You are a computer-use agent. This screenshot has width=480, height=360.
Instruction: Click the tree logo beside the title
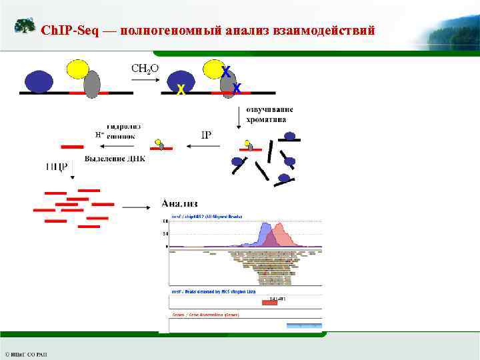(25, 27)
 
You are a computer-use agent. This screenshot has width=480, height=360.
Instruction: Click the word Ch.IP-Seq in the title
(67, 31)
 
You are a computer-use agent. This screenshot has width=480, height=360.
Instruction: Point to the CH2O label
(144, 68)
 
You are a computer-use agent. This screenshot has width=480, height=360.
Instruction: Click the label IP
(206, 134)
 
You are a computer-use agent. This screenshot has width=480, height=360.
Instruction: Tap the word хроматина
(265, 120)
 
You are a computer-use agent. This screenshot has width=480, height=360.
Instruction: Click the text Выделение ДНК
(115, 159)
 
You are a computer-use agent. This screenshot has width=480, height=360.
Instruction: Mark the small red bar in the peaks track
(269, 303)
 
